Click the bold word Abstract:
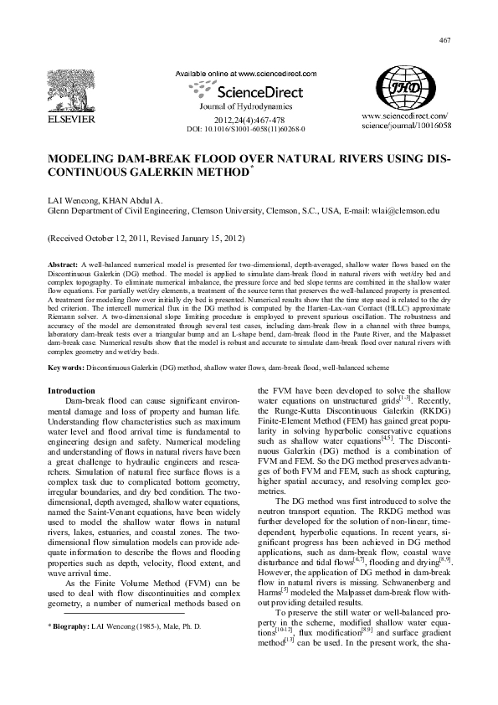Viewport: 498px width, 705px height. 64,265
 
